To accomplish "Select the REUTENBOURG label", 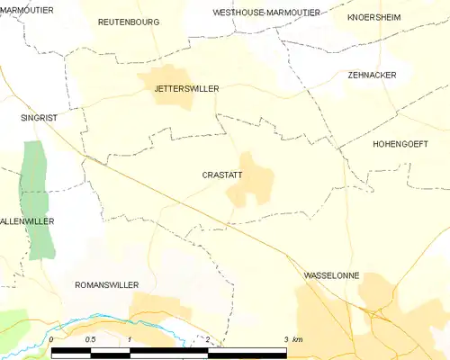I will pyautogui.click(x=129, y=21).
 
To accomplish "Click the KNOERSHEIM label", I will pyautogui.click(x=373, y=17).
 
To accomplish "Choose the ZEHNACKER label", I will pyautogui.click(x=372, y=76).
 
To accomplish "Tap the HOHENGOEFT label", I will pyautogui.click(x=400, y=144).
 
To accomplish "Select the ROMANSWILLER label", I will pyautogui.click(x=106, y=284).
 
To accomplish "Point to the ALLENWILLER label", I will pyautogui.click(x=27, y=220).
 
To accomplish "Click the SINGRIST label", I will pyautogui.click(x=39, y=117).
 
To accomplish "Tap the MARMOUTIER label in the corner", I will pyautogui.click(x=27, y=9).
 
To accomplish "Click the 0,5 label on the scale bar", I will pyautogui.click(x=90, y=339).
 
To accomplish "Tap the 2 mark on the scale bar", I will pyautogui.click(x=208, y=339).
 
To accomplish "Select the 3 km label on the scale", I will pyautogui.click(x=292, y=339).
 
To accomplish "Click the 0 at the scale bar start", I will pyautogui.click(x=52, y=339).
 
